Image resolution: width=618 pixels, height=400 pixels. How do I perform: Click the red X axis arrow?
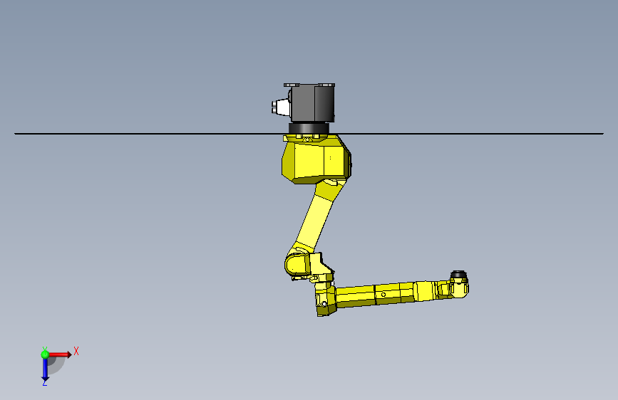(59, 354)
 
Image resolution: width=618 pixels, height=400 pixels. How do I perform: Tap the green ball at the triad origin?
(45, 354)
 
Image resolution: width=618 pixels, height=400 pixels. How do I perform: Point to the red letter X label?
(76, 351)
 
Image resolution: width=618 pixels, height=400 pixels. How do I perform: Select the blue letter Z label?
(44, 383)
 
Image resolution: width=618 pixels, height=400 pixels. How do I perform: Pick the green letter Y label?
(45, 349)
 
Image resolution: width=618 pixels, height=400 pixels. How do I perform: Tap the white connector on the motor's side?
(280, 107)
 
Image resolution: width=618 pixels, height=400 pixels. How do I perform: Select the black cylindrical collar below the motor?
(309, 128)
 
